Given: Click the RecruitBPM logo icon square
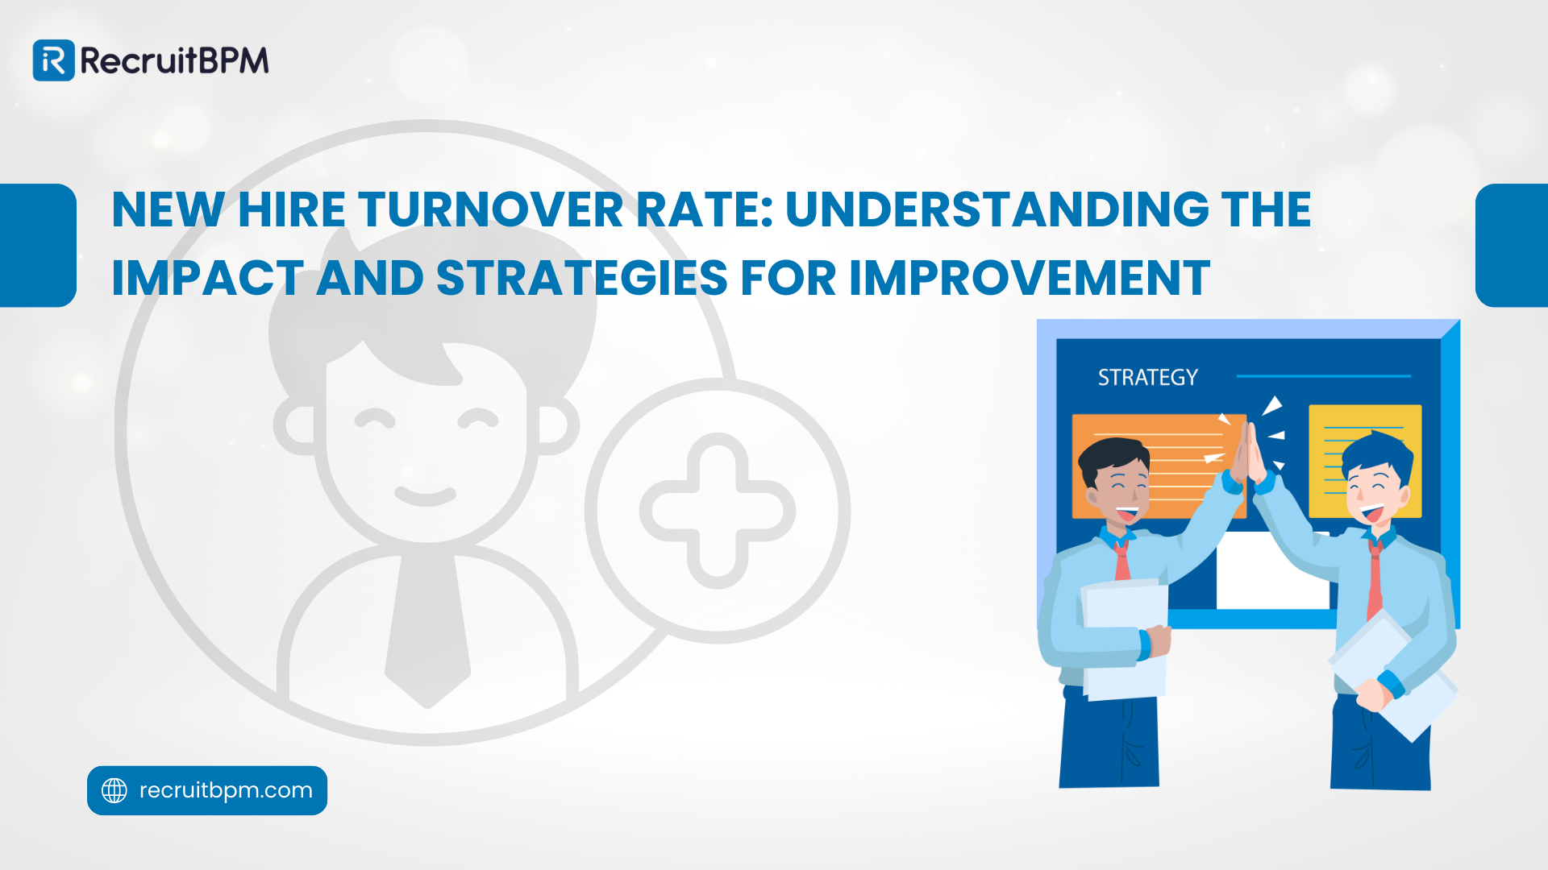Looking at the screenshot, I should point(53,60).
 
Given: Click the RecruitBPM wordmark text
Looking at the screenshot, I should point(174,61).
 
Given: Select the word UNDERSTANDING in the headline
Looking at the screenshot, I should point(997,210).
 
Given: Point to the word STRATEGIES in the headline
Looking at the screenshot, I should point(582,279).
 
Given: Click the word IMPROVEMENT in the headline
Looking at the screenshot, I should point(1030,279).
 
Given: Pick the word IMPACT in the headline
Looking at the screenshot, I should point(208,279).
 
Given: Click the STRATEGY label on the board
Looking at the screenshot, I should point(1147,377).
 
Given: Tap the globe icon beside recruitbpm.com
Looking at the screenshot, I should point(114,790).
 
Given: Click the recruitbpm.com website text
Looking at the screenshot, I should point(226,790).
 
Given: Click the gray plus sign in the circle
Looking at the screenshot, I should point(718,511).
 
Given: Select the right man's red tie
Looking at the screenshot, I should point(1375,580).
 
